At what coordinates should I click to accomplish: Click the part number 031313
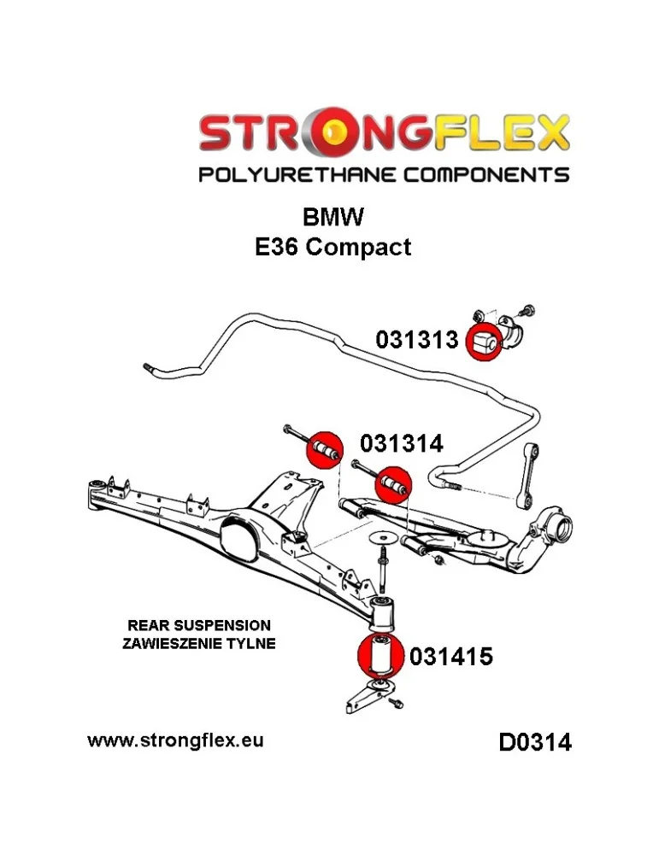(x=417, y=340)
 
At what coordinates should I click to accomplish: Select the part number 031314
(x=401, y=444)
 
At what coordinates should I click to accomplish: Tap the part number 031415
(x=450, y=657)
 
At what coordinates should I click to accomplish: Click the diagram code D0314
(x=535, y=743)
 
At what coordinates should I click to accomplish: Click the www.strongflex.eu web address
(x=175, y=740)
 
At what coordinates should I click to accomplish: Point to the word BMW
(x=332, y=217)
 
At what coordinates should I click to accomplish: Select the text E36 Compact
(x=332, y=248)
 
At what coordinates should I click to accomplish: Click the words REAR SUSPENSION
(x=199, y=625)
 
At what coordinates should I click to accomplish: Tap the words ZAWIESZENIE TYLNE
(x=199, y=644)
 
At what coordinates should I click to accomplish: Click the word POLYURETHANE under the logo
(x=297, y=175)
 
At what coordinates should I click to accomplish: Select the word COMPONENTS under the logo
(x=485, y=175)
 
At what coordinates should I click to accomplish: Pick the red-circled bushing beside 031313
(x=485, y=342)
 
